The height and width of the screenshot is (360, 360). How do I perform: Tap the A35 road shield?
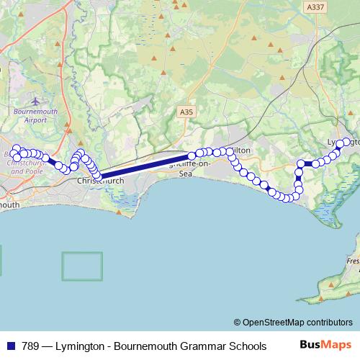(x=187, y=112)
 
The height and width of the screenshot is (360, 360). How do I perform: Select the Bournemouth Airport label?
(x=35, y=115)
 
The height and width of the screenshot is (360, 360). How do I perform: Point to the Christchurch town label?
(x=100, y=181)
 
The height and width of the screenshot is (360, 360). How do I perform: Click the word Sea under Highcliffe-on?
(x=186, y=174)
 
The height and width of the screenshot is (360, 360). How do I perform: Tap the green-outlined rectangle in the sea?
(x=81, y=266)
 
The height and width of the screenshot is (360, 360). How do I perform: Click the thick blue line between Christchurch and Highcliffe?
(x=144, y=166)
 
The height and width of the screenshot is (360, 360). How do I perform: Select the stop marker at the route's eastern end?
(x=346, y=142)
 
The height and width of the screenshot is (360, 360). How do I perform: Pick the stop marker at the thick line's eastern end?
(x=192, y=155)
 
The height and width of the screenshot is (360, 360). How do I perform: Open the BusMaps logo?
(x=325, y=346)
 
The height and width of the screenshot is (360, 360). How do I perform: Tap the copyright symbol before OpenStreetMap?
(x=237, y=323)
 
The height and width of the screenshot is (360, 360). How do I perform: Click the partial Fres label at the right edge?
(x=353, y=261)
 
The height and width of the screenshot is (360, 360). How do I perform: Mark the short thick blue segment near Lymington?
(x=308, y=164)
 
